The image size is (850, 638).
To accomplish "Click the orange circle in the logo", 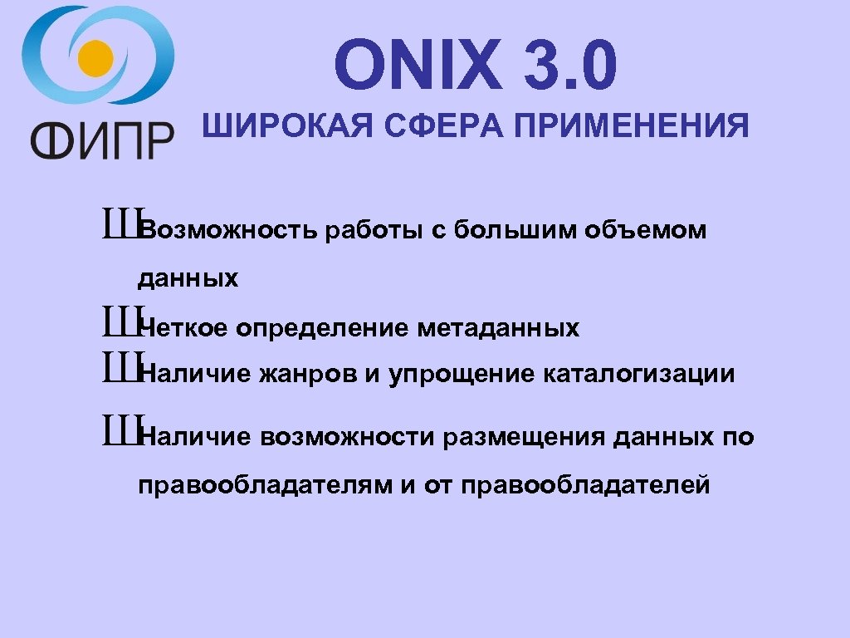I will pos(96,57).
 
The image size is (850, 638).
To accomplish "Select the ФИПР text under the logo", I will pos(102,140).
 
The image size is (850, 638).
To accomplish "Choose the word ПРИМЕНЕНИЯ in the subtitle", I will pos(631,127).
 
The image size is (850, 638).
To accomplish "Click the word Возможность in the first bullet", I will pos(228,230).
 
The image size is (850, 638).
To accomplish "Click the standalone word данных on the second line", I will pos(188,278).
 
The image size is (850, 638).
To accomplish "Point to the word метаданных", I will pos(498,329).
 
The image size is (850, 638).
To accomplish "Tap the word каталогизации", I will pos(639,374).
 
